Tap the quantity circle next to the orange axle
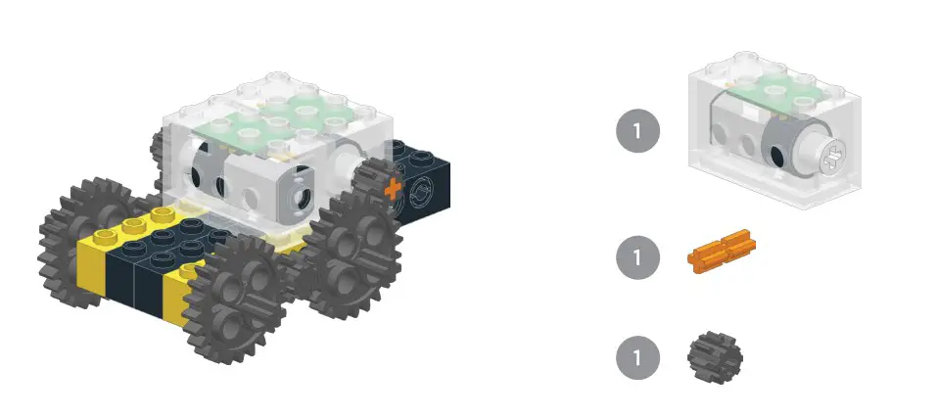[637, 258]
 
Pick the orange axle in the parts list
[723, 251]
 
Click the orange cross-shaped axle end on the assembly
[393, 189]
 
